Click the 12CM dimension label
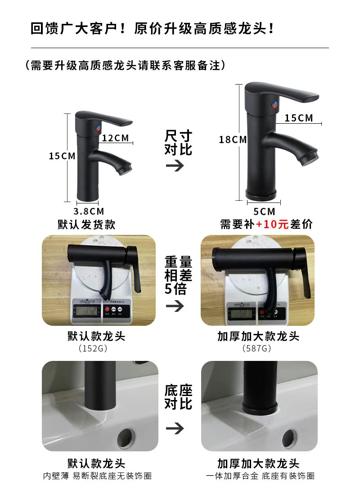click(115, 138)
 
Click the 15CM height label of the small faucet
click(62, 156)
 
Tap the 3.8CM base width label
click(89, 211)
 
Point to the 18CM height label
click(233, 139)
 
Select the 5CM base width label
click(264, 211)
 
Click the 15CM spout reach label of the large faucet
click(299, 118)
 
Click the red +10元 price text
click(272, 224)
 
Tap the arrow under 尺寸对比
click(175, 166)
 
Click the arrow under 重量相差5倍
click(175, 306)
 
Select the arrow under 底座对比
click(175, 428)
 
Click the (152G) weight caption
click(93, 348)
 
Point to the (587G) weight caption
click(257, 348)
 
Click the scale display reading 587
click(242, 314)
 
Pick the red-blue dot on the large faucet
click(274, 104)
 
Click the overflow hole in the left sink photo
click(126, 437)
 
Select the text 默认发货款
click(86, 225)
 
